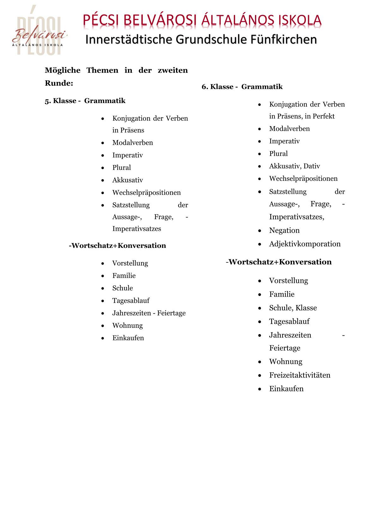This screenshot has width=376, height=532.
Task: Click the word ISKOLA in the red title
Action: point(300,21)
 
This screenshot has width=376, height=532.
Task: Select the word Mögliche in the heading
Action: point(63,70)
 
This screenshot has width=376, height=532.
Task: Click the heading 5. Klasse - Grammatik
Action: point(85,101)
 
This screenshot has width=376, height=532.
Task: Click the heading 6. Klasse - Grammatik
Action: point(242,87)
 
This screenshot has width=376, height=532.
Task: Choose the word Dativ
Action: point(312,166)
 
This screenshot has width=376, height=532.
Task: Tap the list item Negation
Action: point(284,230)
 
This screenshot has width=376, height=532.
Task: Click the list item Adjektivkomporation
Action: point(305,244)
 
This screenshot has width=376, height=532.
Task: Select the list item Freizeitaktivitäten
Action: point(300,375)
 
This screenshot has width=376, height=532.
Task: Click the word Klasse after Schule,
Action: point(306,308)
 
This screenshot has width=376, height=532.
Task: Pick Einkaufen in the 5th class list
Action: point(128,338)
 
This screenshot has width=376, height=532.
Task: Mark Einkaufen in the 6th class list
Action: point(286,389)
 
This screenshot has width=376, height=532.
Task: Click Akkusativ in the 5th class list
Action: point(128,180)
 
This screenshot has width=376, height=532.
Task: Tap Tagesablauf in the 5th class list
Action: point(131,301)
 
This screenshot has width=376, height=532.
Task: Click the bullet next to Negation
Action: point(259,231)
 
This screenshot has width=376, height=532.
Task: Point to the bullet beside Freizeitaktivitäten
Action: point(259,376)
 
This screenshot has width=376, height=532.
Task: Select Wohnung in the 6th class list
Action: point(286,362)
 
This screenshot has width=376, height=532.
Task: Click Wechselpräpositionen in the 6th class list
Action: point(303,179)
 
